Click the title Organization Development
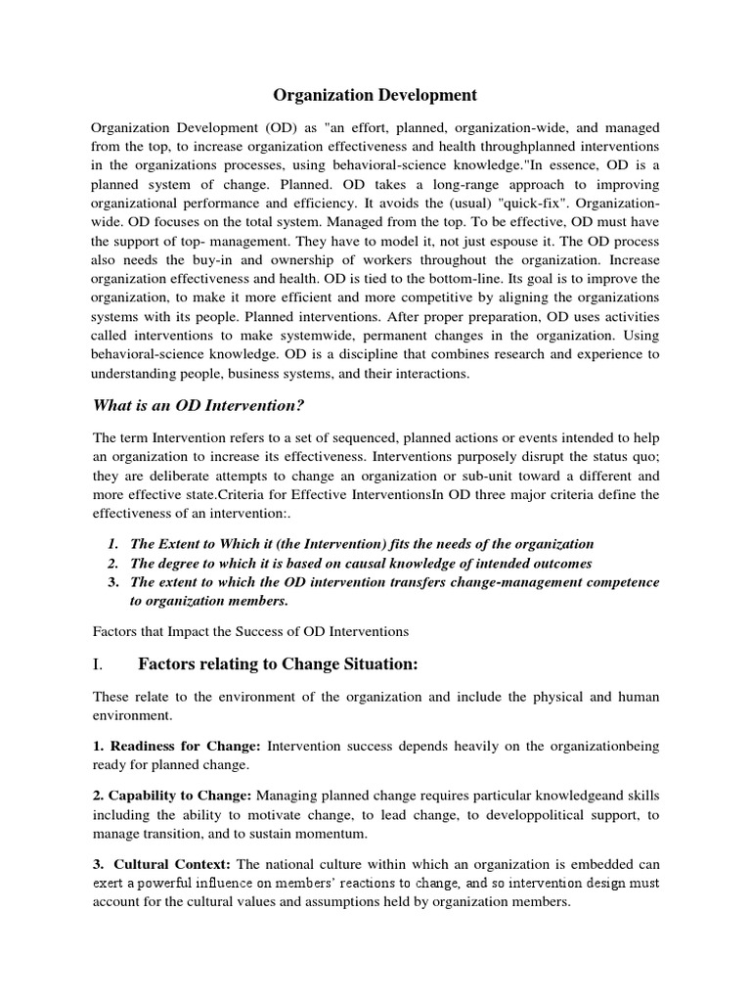tap(375, 95)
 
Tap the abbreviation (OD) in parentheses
tap(276, 128)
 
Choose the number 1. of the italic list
tap(114, 543)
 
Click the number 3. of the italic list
tap(114, 581)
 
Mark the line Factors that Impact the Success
tap(249, 631)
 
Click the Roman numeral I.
tap(97, 665)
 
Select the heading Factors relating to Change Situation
tap(278, 665)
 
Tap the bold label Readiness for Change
tap(177, 747)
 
